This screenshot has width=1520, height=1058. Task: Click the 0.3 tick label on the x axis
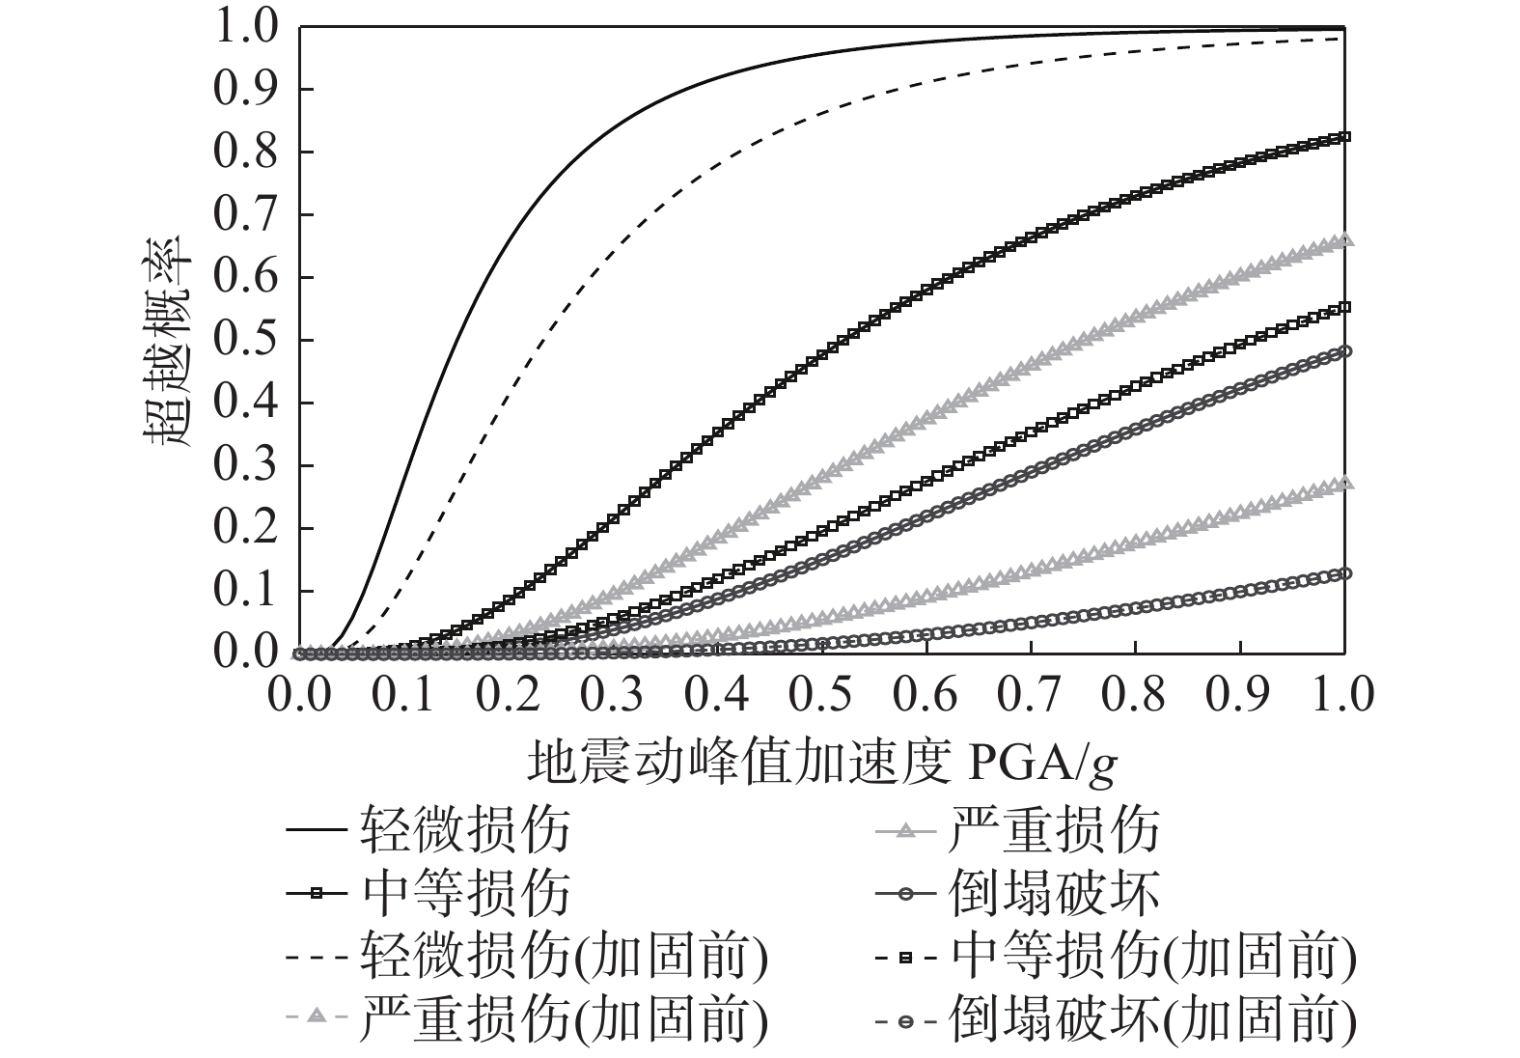[x=612, y=695]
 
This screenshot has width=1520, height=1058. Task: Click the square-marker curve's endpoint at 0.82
[x=1344, y=136]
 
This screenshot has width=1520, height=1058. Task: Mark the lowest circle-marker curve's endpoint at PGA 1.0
[x=1344, y=573]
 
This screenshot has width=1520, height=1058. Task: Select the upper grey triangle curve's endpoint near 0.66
[x=1344, y=240]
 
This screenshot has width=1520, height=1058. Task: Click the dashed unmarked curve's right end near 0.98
[x=1342, y=38]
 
